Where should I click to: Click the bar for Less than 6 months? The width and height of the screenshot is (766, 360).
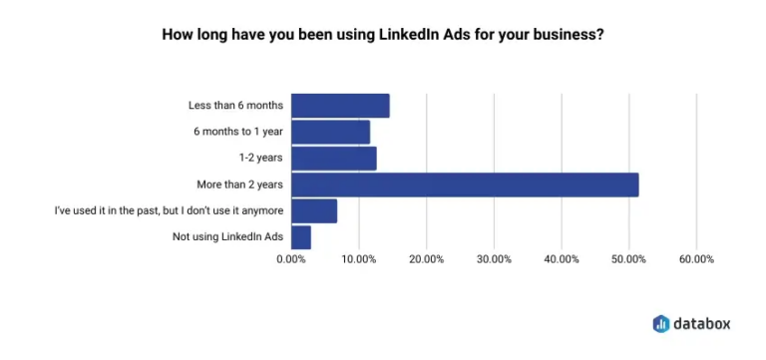pyautogui.click(x=340, y=106)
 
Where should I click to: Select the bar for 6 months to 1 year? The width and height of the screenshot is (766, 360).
pyautogui.click(x=330, y=132)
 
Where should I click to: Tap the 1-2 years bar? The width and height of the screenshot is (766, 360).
pyautogui.click(x=333, y=159)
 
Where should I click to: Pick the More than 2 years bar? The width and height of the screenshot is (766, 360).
pyautogui.click(x=465, y=184)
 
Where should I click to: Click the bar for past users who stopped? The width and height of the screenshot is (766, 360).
pyautogui.click(x=314, y=211)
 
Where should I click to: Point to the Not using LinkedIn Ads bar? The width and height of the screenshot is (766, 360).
pyautogui.click(x=301, y=237)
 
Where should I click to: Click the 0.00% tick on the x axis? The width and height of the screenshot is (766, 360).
pyautogui.click(x=291, y=260)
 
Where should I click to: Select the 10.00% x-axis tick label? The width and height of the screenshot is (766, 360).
pyautogui.click(x=358, y=260)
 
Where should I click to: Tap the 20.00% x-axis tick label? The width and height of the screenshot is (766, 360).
pyautogui.click(x=426, y=260)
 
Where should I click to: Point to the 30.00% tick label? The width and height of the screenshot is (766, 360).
pyautogui.click(x=494, y=260)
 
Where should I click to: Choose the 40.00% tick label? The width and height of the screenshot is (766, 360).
pyautogui.click(x=562, y=260)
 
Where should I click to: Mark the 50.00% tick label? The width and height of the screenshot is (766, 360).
pyautogui.click(x=628, y=260)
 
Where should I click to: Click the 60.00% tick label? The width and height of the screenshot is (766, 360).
pyautogui.click(x=696, y=260)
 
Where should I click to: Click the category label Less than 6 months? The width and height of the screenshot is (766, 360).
pyautogui.click(x=235, y=106)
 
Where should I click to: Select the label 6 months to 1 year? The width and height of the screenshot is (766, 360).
pyautogui.click(x=238, y=132)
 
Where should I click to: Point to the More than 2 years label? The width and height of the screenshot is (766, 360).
pyautogui.click(x=240, y=184)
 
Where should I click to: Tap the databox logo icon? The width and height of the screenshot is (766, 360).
pyautogui.click(x=661, y=323)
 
